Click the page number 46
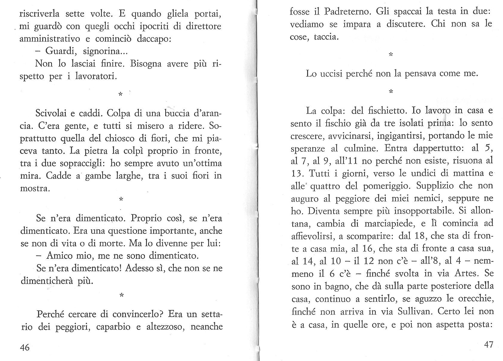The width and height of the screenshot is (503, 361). pyautogui.click(x=25, y=347)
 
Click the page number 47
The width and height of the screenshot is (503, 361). pyautogui.click(x=489, y=345)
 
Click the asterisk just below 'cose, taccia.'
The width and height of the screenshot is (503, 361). pyautogui.click(x=391, y=55)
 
